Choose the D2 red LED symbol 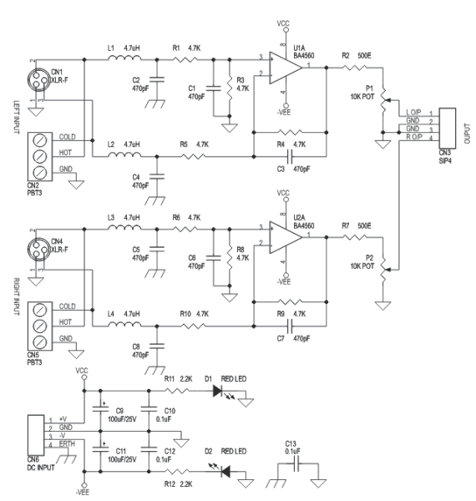pyautogui.click(x=225, y=471)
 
